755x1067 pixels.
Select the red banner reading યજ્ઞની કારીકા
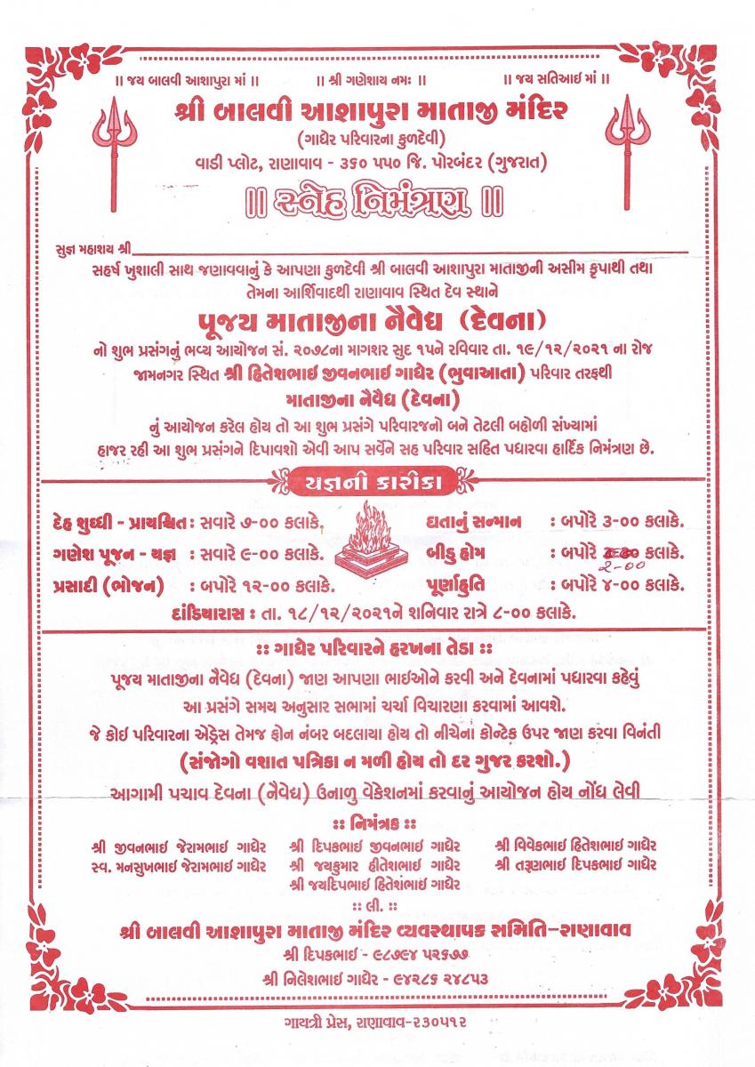coord(377,482)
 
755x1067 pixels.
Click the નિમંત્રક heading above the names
coord(377,820)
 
